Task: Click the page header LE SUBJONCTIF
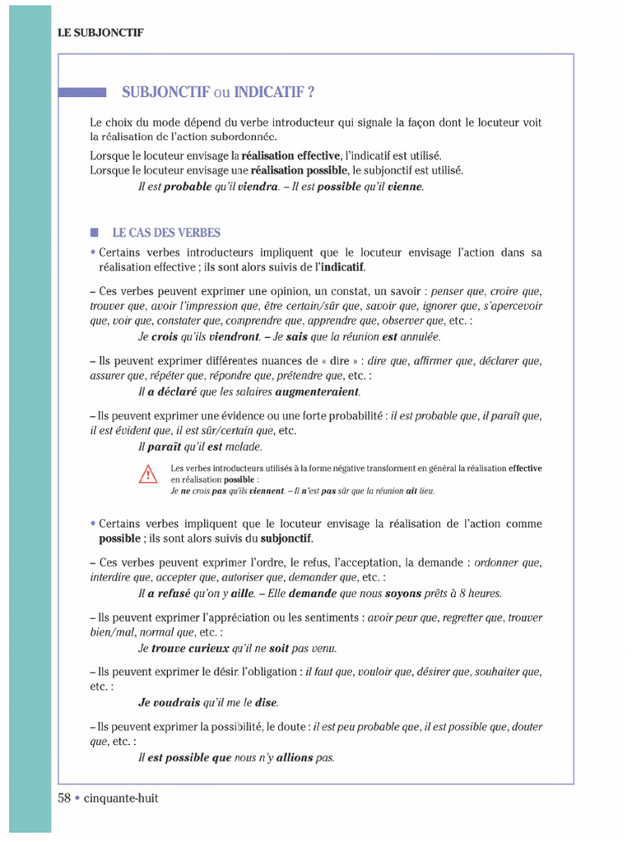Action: pos(100,33)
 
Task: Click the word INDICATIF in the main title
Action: pos(272,91)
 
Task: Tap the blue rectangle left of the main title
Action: pos(82,92)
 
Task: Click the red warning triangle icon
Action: pos(147,474)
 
